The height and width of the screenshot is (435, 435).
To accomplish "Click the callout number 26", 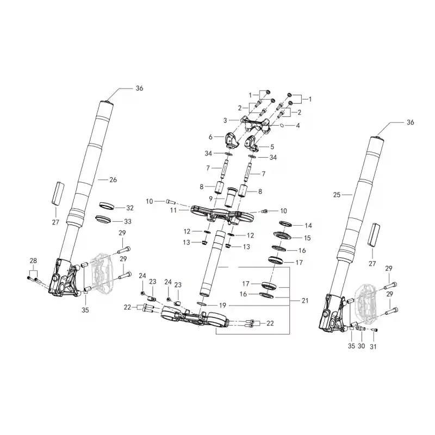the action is click(113, 180).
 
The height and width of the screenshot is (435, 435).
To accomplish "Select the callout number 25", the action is click(337, 195).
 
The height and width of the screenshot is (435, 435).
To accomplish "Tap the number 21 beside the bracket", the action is click(305, 301).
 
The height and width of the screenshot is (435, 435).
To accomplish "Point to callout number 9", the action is click(210, 199).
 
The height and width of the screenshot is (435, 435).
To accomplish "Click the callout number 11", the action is click(173, 210).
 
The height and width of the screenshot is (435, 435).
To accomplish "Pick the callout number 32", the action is click(130, 208).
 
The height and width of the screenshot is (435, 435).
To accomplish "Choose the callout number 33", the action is click(128, 221).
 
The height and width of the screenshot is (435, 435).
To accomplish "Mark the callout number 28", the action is click(33, 261).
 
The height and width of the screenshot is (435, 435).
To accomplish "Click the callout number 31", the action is click(373, 346).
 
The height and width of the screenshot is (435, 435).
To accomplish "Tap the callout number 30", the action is click(361, 346).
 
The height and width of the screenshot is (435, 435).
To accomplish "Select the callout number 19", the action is click(223, 306).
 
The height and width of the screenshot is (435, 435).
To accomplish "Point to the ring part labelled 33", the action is click(103, 219).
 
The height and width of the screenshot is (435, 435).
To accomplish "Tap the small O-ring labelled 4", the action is click(282, 126).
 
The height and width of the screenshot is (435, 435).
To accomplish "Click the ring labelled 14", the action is click(285, 223).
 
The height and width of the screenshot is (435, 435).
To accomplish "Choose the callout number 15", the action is click(307, 238).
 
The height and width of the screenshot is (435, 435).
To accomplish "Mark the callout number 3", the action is click(225, 120).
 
